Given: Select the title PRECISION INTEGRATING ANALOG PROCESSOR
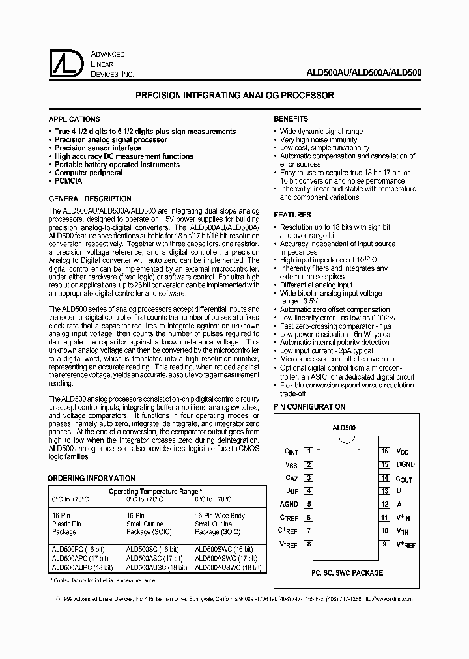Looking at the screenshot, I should pos(234,95).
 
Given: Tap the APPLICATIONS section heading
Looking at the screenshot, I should pos(74,119).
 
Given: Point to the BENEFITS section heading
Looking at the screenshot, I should pos(291,119).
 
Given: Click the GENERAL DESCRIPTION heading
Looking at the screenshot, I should pos(90,199).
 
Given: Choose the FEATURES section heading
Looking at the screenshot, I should pos(292,214).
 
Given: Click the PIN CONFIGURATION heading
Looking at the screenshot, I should pos(309,407).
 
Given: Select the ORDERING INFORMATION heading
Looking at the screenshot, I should pos(91,479).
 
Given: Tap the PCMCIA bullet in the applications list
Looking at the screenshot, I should pos(68,181).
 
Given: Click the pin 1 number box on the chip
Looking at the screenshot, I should pos(308,451).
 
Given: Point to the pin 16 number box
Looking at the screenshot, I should pos(385,451).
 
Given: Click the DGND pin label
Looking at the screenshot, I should pos(405,464).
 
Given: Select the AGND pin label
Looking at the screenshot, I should pos(289,504).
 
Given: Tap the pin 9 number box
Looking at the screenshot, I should pos(385,544).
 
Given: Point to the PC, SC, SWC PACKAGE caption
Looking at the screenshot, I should pos(347,573).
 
